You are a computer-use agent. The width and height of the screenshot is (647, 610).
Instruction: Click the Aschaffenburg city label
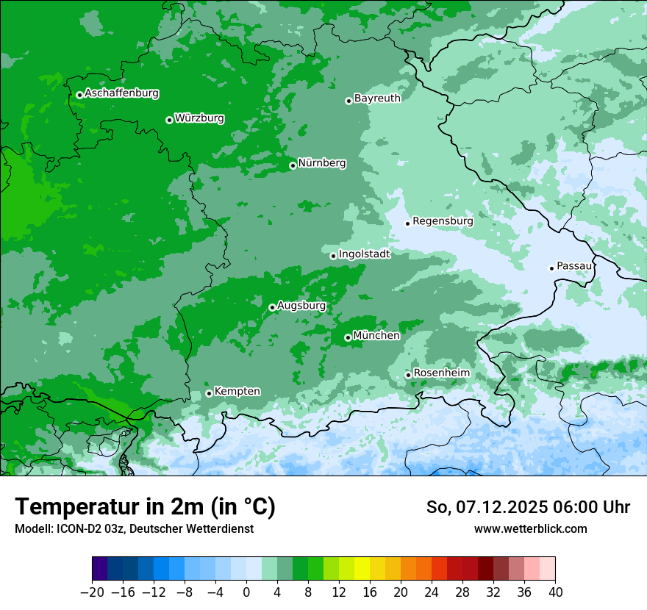tap(121, 93)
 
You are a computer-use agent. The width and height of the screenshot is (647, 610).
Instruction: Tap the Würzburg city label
tap(199, 118)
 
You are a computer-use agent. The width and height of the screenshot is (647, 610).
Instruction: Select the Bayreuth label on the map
tap(377, 98)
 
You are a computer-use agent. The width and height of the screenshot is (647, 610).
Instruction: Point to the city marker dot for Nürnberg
tap(293, 165)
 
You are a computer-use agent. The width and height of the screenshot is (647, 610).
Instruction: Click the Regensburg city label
tap(443, 221)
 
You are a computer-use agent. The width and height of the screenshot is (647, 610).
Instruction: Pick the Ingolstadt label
tap(364, 254)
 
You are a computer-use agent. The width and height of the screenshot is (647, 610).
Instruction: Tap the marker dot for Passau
tap(551, 268)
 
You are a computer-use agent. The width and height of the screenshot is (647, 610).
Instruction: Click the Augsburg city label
tap(301, 306)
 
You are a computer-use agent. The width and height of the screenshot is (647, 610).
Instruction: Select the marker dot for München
tap(348, 338)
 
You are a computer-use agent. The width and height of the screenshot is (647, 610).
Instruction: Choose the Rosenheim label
tap(441, 373)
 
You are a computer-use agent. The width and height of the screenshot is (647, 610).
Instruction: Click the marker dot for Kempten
tap(209, 393)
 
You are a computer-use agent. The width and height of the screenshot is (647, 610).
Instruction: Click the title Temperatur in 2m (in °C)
tap(145, 507)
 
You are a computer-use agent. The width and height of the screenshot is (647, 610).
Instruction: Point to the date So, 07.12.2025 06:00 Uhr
tap(528, 507)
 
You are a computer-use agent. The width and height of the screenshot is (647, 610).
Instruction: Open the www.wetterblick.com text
tap(530, 528)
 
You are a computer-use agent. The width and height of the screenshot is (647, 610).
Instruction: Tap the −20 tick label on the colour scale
tap(92, 592)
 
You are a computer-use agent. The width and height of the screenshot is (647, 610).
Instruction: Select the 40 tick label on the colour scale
tap(555, 592)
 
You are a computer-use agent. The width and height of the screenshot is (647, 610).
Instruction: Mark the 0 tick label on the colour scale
tap(246, 592)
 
